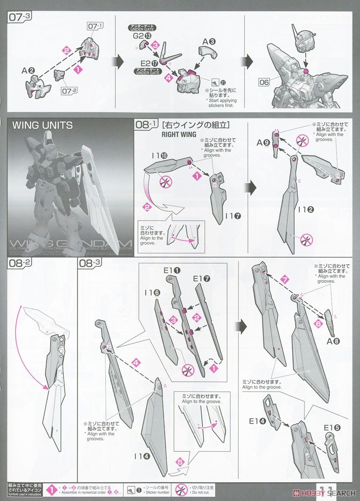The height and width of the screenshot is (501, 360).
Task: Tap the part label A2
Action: pyautogui.click(x=27, y=71)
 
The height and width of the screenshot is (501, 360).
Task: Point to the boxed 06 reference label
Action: pyautogui.click(x=264, y=82)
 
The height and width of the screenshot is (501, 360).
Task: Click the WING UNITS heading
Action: pyautogui.click(x=42, y=125)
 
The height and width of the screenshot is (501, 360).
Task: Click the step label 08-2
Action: pyautogui.click(x=18, y=263)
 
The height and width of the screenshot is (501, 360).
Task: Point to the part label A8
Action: pyautogui.click(x=334, y=341)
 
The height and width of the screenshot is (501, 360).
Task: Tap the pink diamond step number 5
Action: pyautogui.click(x=180, y=462)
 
